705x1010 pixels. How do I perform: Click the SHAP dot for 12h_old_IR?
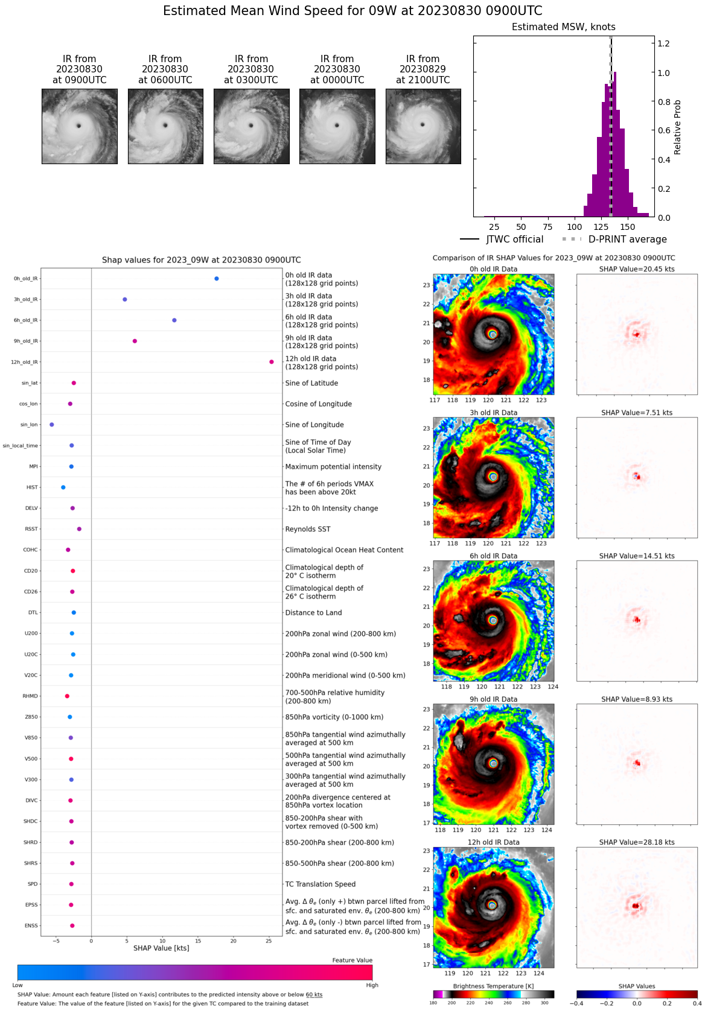[272, 362]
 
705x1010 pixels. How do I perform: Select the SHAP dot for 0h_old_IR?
[217, 279]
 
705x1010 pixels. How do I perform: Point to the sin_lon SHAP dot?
[52, 425]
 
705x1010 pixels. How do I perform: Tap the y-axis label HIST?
[32, 488]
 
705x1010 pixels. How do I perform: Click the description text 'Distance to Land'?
[313, 613]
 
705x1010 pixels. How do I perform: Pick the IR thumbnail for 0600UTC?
[165, 126]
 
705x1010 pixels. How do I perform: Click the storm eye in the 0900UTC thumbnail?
[78, 125]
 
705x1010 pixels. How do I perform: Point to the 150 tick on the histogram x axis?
[628, 227]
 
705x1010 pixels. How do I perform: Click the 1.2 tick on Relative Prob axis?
[663, 43]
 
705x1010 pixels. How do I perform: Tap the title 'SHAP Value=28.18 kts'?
[637, 842]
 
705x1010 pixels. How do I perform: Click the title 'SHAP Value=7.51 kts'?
[637, 413]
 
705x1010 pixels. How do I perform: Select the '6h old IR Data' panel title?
[493, 556]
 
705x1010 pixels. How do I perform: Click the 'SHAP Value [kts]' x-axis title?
[161, 948]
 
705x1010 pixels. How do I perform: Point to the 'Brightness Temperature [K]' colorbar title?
[493, 986]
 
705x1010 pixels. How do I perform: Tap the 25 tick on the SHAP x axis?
[269, 941]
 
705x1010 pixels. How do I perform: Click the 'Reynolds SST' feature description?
[308, 529]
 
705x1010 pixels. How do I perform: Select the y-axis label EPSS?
[31, 905]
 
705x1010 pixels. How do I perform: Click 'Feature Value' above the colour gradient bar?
[352, 961]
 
